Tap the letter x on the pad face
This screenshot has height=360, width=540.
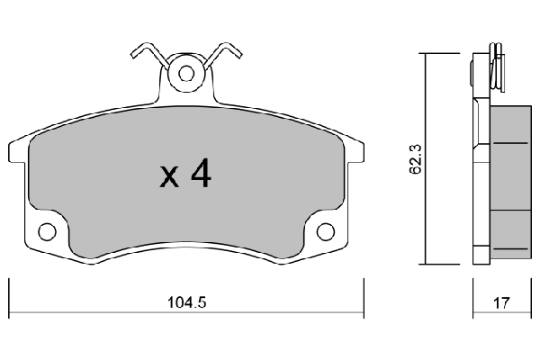(169, 177)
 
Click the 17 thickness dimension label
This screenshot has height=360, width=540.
(501, 303)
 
